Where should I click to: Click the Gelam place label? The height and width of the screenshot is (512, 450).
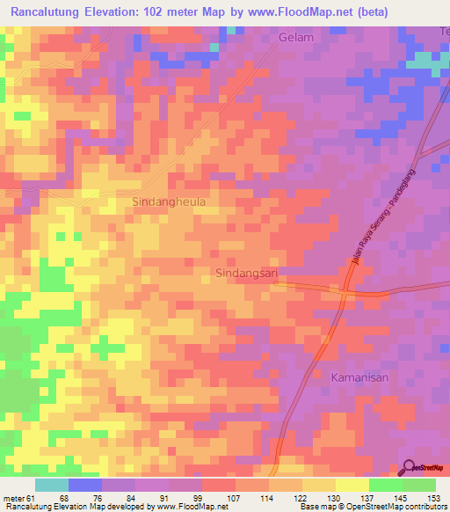296,38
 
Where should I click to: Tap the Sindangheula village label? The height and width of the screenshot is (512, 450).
169,201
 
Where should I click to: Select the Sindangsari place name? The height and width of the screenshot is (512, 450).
246,274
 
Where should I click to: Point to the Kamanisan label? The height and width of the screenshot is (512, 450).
359,377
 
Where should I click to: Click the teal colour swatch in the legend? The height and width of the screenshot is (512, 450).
52,485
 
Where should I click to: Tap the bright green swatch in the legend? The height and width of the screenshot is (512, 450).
386,485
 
